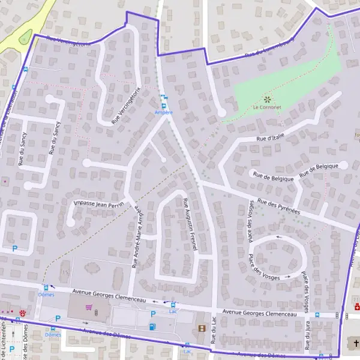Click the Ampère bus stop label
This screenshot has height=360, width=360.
pos(163,112)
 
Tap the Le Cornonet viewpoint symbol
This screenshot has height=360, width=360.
pos(266,99)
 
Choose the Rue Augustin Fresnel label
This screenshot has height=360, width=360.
pos(194,224)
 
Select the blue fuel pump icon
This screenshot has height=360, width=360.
pos(152,326)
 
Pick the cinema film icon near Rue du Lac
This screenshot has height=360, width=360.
pos(202,329)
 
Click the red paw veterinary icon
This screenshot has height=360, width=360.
pos(23,313)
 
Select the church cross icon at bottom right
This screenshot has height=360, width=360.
pos(355,343)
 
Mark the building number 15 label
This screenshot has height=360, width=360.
pos(65,273)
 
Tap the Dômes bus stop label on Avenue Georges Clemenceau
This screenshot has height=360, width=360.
pos(46,295)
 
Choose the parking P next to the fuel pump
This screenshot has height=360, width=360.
pos(153,314)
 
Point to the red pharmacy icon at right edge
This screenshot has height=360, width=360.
pos(356,307)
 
